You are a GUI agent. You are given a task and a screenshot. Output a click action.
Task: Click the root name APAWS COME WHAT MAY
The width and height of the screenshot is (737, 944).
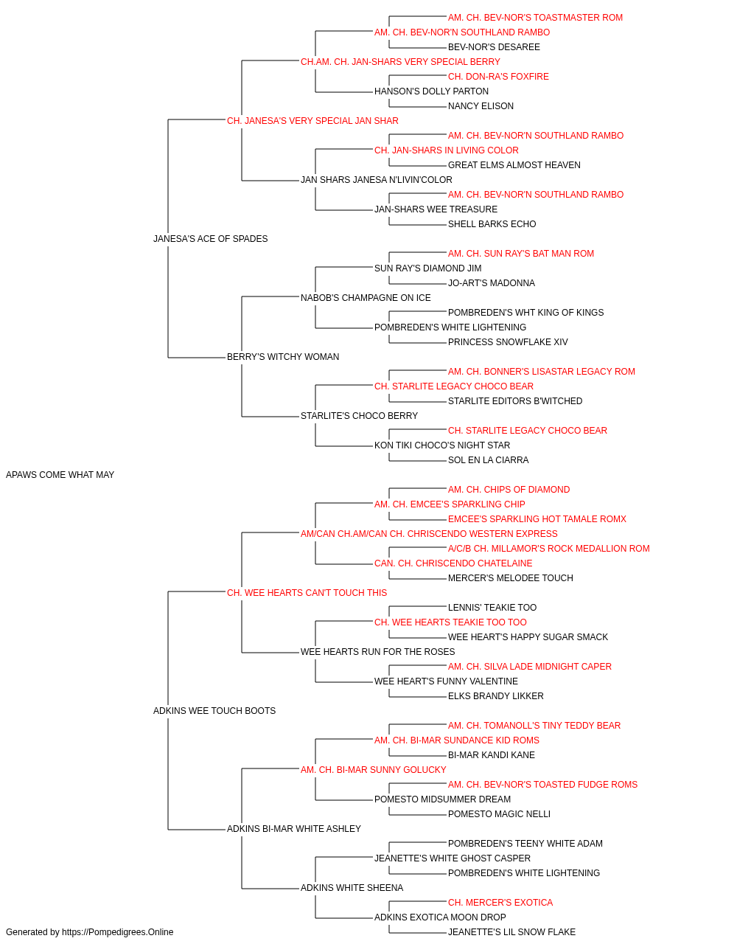[x=60, y=475]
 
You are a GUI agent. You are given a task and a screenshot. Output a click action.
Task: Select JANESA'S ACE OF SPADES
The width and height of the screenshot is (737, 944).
[x=211, y=239]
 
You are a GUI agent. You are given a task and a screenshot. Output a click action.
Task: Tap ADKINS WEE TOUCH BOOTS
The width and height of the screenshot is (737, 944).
[x=214, y=711]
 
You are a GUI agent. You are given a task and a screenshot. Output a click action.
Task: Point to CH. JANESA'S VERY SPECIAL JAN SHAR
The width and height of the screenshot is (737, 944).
[x=312, y=121]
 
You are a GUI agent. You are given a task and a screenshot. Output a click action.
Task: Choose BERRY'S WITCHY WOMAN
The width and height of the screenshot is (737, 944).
[x=283, y=357]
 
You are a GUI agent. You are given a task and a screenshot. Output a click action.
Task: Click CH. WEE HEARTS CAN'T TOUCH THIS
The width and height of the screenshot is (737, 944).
[x=307, y=592]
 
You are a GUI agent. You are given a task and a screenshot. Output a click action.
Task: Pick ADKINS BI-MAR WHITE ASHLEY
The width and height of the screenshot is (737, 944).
[x=294, y=828]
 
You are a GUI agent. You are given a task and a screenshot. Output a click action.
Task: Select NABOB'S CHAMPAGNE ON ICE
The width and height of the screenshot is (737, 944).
[x=366, y=297]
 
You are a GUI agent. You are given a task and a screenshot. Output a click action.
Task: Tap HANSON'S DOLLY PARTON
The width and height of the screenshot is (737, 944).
[x=431, y=91]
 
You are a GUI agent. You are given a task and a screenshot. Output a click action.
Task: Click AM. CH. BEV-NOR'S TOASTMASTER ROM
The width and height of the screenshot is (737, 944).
[x=535, y=18]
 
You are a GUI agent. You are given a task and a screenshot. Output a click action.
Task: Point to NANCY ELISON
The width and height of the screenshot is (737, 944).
[x=481, y=106]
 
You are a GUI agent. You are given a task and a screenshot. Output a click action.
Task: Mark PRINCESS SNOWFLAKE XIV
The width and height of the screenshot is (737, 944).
[x=508, y=342]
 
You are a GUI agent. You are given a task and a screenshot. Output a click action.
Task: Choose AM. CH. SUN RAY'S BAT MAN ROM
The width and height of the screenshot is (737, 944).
[x=521, y=253]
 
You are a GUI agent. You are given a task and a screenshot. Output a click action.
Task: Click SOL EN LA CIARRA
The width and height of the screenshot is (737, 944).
[x=489, y=460]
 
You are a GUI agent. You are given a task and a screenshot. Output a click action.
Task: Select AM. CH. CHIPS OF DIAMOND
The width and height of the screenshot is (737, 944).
[x=509, y=490]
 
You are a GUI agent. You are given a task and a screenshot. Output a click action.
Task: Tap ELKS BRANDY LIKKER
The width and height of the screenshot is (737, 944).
[x=496, y=696]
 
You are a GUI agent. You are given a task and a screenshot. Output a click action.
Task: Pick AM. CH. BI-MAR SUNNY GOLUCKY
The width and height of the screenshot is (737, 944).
[x=373, y=770]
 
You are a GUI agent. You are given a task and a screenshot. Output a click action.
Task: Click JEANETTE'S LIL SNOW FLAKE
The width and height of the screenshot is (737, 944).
[x=511, y=932]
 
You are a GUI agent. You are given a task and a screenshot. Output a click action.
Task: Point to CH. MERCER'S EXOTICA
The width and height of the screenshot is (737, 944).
[x=500, y=902]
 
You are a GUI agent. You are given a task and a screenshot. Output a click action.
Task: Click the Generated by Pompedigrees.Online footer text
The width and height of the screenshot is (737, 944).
[x=89, y=932]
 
